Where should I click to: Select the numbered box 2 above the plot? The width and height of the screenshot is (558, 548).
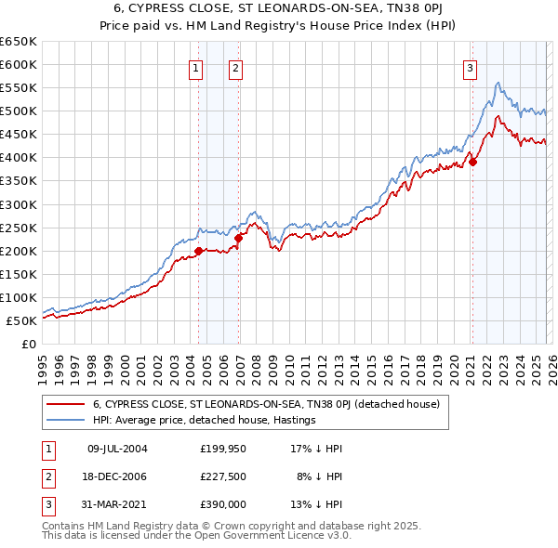(236, 67)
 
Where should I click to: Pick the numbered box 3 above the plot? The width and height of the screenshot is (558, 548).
(471, 67)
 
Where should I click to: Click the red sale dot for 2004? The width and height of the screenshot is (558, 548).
(198, 251)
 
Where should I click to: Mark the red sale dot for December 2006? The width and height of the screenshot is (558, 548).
(238, 238)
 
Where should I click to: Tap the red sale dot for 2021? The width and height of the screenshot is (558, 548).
(472, 162)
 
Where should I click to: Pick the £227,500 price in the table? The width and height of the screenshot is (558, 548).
(222, 476)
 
